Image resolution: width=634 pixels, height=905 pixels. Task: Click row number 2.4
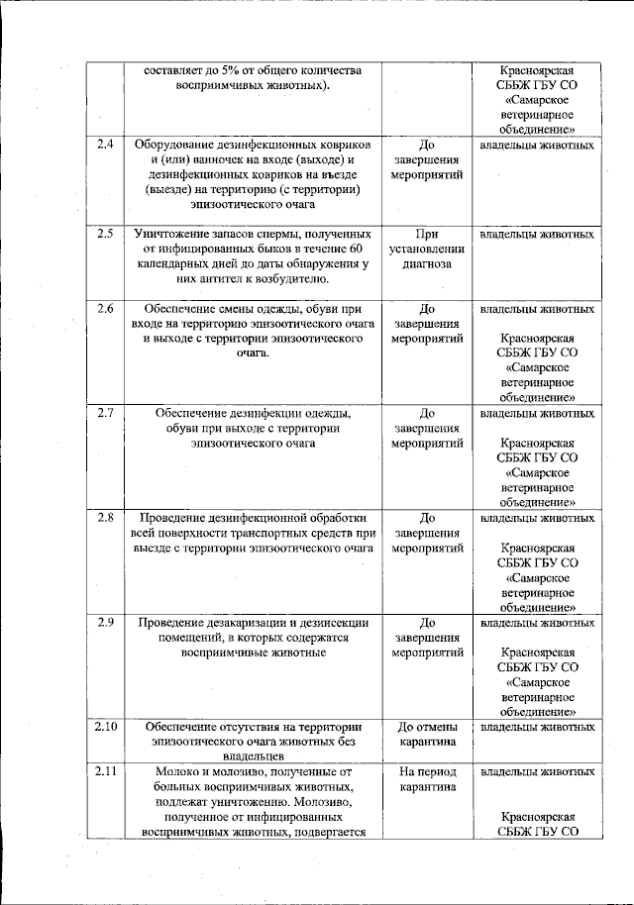pyautogui.click(x=105, y=146)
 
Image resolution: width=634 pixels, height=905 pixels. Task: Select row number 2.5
pyautogui.click(x=105, y=235)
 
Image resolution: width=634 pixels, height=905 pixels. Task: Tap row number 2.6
pyautogui.click(x=105, y=309)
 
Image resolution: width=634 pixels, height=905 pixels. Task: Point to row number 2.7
pyautogui.click(x=105, y=413)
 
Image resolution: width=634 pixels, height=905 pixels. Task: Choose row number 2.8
pyautogui.click(x=105, y=517)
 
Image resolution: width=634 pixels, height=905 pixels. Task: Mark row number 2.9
pyautogui.click(x=105, y=622)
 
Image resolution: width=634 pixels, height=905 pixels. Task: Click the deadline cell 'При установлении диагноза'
pyautogui.click(x=428, y=250)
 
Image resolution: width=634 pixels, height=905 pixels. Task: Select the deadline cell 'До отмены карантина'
pyautogui.click(x=428, y=734)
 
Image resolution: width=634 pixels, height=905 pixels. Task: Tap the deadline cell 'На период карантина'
pyautogui.click(x=428, y=779)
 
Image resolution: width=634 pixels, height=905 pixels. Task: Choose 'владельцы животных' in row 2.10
pyautogui.click(x=537, y=727)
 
